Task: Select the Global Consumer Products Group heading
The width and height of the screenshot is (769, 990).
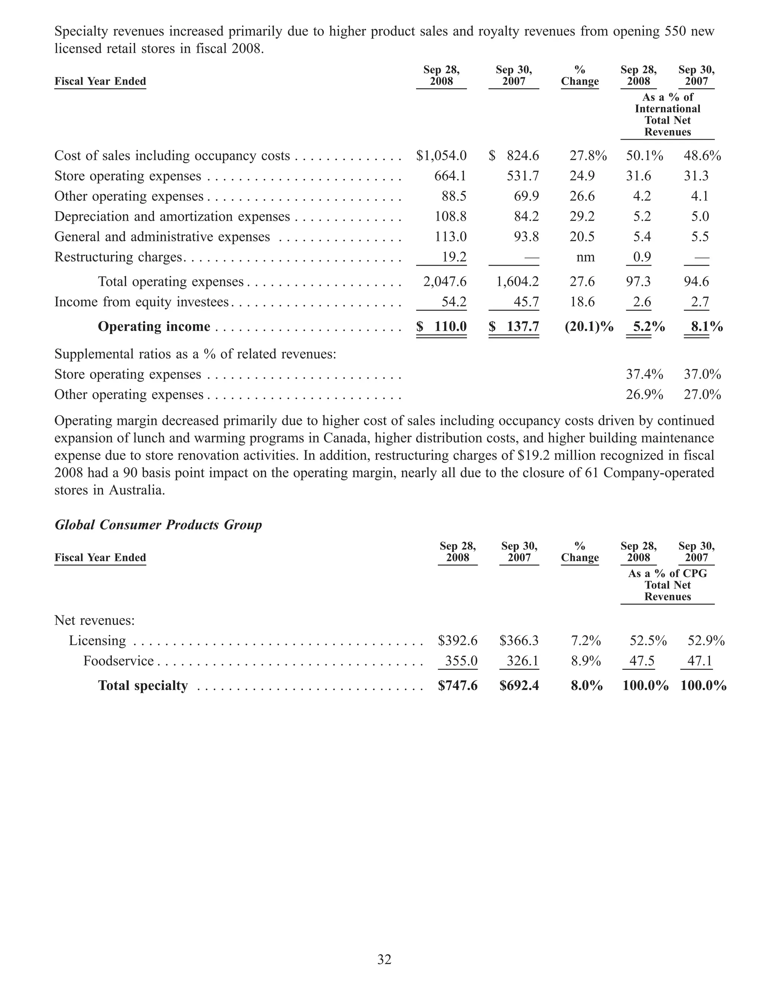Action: click(158, 525)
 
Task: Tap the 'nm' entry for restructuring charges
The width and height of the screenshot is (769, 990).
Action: click(585, 257)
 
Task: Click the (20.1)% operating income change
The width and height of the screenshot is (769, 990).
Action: click(588, 326)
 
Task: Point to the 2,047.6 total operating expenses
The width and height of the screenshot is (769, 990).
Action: click(445, 281)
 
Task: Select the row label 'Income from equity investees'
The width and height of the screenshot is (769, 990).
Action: click(142, 302)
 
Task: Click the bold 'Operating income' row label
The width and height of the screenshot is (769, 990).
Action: click(154, 326)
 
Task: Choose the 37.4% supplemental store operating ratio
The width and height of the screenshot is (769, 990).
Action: click(644, 375)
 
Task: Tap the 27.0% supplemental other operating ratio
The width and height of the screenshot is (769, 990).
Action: click(702, 395)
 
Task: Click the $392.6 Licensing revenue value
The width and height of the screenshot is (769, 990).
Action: click(457, 641)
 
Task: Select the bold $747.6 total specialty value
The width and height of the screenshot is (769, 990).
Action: click(457, 685)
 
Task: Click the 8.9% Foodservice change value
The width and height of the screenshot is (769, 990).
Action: click(586, 661)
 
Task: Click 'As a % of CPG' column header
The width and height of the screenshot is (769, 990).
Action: click(668, 573)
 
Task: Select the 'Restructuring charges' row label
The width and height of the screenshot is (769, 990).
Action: click(118, 257)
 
